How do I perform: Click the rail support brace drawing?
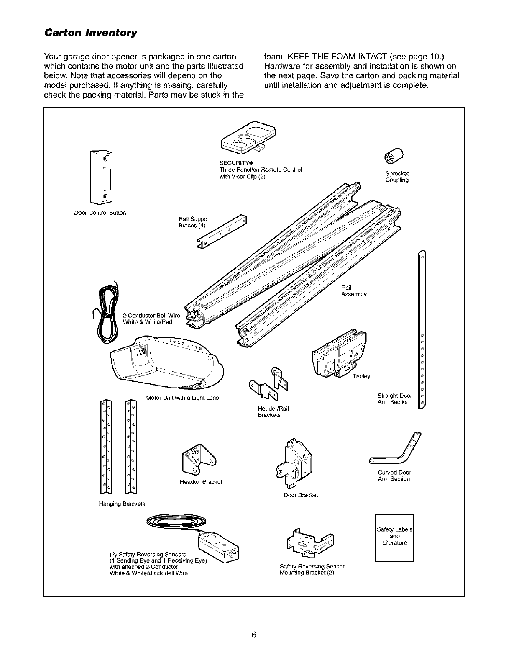tap(222, 231)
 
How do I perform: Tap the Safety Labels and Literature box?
tap(394, 537)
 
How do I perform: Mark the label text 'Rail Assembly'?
tap(354, 291)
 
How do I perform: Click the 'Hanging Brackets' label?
tap(122, 504)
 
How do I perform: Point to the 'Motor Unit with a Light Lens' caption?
tap(182, 398)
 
